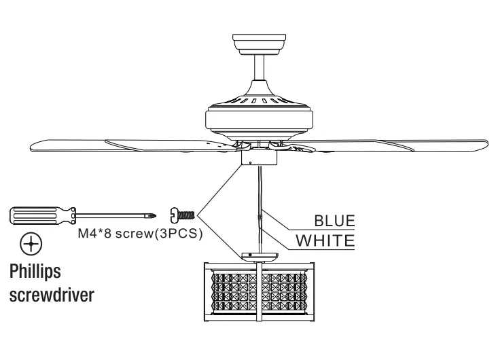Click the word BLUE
(334, 221)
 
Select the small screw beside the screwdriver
(183, 215)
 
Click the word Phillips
(33, 272)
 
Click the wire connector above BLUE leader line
(261, 217)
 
